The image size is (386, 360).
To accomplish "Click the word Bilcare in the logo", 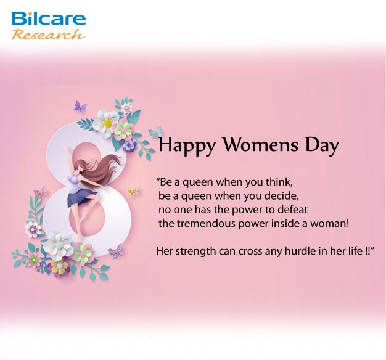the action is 49,18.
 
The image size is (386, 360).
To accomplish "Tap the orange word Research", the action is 49,35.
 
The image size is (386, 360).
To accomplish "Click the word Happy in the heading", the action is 187,145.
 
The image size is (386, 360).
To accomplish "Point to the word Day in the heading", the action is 322,145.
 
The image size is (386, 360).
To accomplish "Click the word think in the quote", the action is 279,182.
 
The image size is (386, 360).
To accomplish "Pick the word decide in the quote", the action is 284,196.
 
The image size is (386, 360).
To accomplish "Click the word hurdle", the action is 300,252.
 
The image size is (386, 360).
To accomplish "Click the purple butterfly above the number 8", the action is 80,106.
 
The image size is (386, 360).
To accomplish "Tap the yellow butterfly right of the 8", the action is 133,191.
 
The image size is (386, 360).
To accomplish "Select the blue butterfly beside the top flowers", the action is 155,132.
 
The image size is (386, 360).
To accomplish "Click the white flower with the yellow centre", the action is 107,121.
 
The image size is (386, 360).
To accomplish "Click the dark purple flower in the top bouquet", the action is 129,145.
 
